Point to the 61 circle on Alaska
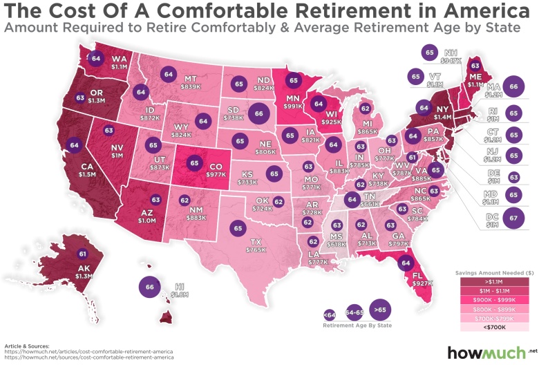pyautogui.click(x=82, y=253)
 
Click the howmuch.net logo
pyautogui.click(x=490, y=352)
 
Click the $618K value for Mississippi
pyautogui.click(x=337, y=244)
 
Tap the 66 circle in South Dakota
pyautogui.click(x=259, y=113)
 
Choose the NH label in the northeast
pyautogui.click(x=451, y=52)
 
